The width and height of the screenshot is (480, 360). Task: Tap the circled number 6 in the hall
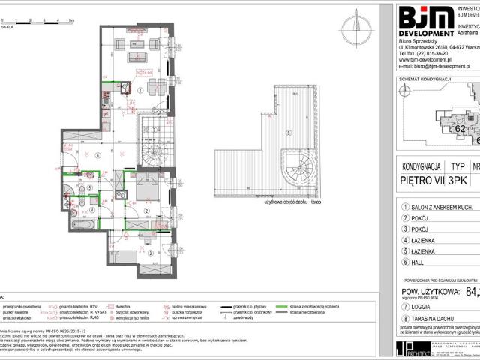(x=99, y=155)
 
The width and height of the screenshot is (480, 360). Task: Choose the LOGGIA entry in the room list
(x=422, y=307)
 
